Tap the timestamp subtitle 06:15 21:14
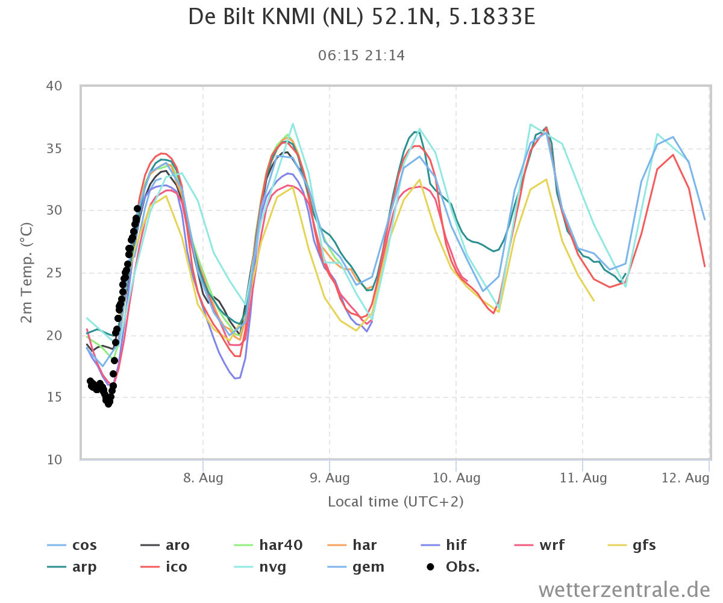[361, 55]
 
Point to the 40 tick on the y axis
[54, 86]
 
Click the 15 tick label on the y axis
[54, 397]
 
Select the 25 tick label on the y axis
[54, 273]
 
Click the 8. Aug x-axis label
[203, 478]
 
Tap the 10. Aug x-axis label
[456, 478]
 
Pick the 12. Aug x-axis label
[685, 478]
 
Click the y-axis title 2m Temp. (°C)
[27, 273]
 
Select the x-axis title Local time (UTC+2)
[395, 502]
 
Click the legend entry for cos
[72, 545]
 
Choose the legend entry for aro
[165, 545]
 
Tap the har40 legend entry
[268, 545]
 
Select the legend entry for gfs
[632, 545]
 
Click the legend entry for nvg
[260, 567]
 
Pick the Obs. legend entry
[453, 567]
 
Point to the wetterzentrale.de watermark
[624, 590]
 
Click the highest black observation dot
[137, 209]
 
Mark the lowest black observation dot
[108, 404]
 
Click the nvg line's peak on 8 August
[293, 124]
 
